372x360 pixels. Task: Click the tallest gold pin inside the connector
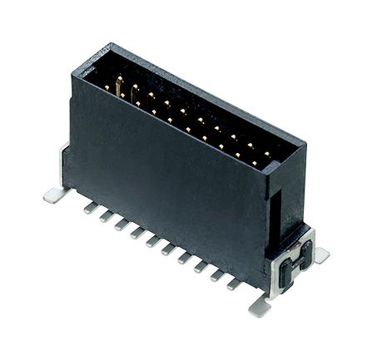pos(118,84)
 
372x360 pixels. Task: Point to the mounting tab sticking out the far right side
pos(320,255)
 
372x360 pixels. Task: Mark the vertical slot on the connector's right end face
pos(275,214)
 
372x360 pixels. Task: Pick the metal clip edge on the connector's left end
pos(63,162)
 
